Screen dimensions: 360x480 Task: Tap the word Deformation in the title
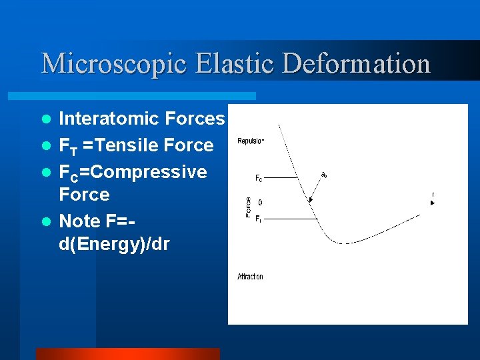pyautogui.click(x=357, y=65)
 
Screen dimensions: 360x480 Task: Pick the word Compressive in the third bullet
pyautogui.click(x=148, y=172)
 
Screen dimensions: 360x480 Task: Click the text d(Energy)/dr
pyautogui.click(x=114, y=244)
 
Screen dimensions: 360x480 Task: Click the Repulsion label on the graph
pyautogui.click(x=251, y=141)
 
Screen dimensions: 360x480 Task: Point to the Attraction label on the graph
pyautogui.click(x=250, y=277)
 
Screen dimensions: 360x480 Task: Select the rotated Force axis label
pyautogui.click(x=248, y=206)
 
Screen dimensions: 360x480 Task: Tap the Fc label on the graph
pyautogui.click(x=259, y=179)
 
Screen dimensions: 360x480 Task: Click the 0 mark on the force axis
pyautogui.click(x=260, y=202)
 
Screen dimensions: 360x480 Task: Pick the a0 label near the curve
pyautogui.click(x=324, y=175)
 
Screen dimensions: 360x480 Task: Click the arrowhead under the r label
pyautogui.click(x=432, y=203)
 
